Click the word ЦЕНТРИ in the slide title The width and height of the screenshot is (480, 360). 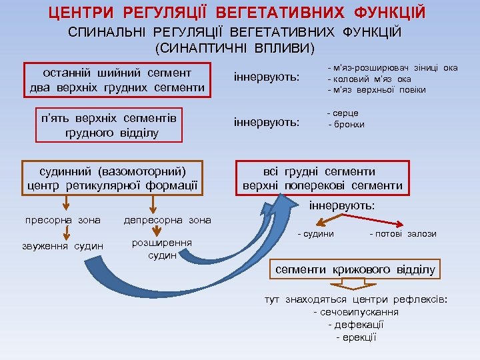(x=85, y=13)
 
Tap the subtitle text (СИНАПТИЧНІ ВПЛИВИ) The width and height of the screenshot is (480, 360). (x=235, y=49)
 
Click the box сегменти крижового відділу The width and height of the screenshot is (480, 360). (x=355, y=269)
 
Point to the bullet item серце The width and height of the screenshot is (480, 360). (x=344, y=114)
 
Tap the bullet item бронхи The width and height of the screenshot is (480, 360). (x=347, y=125)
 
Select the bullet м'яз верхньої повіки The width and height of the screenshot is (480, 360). (x=377, y=90)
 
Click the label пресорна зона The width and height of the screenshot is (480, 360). (x=63, y=219)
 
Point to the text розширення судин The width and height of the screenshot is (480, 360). (x=162, y=249)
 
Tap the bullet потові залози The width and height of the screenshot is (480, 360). (x=403, y=233)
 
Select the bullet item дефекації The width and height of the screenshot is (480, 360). (x=356, y=324)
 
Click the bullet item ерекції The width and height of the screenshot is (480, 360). (x=356, y=337)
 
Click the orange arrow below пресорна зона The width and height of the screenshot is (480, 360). (x=65, y=233)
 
